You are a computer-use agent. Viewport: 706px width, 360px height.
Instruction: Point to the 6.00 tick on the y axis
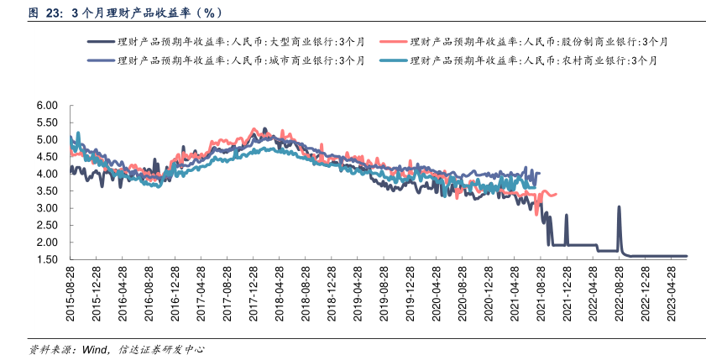[46, 106]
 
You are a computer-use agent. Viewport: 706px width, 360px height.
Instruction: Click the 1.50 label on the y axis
[46, 260]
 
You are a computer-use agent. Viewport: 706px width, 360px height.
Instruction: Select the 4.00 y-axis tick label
[46, 175]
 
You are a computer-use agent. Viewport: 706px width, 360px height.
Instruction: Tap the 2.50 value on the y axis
[46, 226]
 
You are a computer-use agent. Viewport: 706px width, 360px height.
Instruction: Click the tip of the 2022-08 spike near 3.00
[619, 207]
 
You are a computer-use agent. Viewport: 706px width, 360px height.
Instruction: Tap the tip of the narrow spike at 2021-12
[567, 216]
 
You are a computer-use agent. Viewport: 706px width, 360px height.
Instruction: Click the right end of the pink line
[556, 194]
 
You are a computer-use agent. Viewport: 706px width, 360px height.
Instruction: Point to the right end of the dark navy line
[686, 256]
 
